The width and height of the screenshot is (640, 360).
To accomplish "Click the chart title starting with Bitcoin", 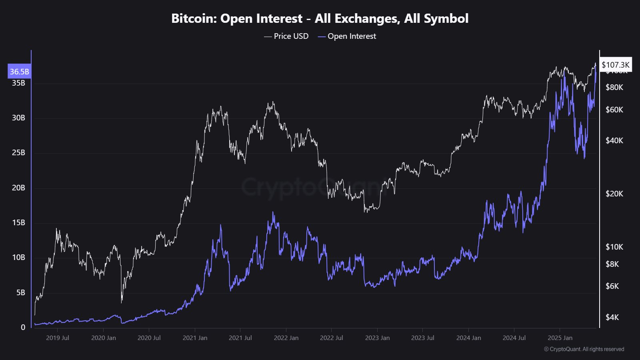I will pos(320,18).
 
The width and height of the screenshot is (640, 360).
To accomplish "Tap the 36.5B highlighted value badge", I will pos(19,72).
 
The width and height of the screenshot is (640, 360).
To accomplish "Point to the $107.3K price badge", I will pos(616,65).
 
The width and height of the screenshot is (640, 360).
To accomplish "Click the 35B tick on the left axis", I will pos(18,83).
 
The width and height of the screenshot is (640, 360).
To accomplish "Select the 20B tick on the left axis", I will pos(18,188).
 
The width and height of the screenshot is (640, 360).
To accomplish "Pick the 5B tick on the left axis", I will pos(21,292).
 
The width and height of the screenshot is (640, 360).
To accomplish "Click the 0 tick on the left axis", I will pos(23,327).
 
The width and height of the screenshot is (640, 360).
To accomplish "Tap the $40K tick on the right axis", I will pos(614,140).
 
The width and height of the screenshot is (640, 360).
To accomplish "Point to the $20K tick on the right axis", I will pos(614,194).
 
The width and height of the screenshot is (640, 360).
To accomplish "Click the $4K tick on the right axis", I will pos(612,317).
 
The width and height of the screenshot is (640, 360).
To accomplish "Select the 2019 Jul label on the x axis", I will pos(58,338).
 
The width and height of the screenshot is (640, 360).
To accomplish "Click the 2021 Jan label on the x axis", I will pos(195,338).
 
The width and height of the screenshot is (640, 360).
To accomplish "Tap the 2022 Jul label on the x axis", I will pos(332,338).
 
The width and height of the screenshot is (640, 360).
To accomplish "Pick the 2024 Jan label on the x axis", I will pos(468,338).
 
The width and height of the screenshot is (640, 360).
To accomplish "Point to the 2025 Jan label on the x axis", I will pos(560,338).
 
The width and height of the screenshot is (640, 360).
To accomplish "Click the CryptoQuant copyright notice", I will pos(584,349).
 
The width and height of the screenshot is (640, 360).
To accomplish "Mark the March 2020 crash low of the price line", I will pos(122,302).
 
